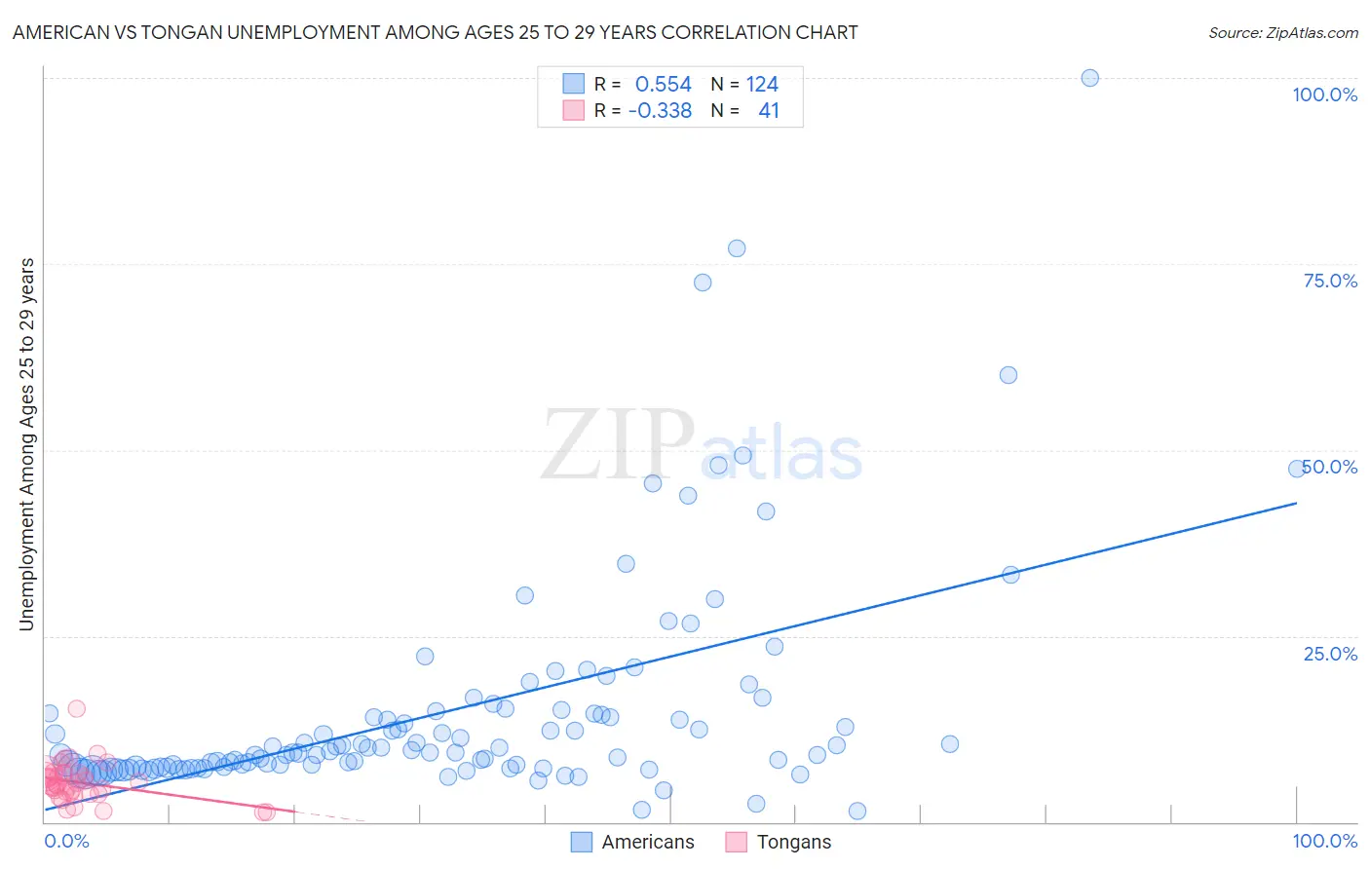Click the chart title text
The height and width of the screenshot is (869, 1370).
(x=435, y=32)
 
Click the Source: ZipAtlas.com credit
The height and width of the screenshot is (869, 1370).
(x=1282, y=32)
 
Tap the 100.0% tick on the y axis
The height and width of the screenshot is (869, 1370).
(x=1324, y=94)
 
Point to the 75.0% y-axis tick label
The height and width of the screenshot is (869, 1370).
(x=1330, y=281)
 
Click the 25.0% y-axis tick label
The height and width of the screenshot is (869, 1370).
(x=1330, y=653)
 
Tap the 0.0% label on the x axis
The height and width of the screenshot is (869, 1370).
(x=66, y=841)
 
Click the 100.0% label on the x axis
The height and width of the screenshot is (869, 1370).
(x=1324, y=841)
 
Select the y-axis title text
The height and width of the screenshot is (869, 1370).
(x=26, y=444)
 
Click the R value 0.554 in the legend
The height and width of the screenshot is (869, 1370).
(x=663, y=85)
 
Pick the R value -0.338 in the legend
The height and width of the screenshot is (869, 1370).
(x=660, y=110)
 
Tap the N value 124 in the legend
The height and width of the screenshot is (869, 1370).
(x=762, y=85)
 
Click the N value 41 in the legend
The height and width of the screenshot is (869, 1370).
(x=769, y=110)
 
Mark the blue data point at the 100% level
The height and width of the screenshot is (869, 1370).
(x=1089, y=78)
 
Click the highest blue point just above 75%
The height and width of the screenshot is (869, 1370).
(x=737, y=248)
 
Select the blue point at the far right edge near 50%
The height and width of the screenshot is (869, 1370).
(x=1296, y=469)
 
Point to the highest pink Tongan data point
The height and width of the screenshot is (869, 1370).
(x=76, y=708)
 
